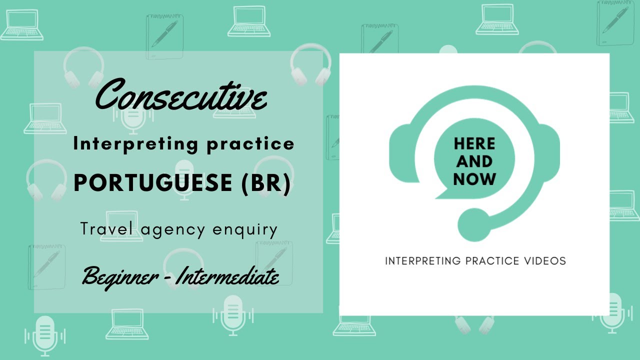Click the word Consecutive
pos(181,96)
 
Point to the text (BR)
pos(265,183)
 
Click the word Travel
pos(108,229)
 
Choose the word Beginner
pos(118,275)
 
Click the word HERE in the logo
pos(474,144)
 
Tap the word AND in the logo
pos(474,161)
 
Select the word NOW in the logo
pos(474,179)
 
